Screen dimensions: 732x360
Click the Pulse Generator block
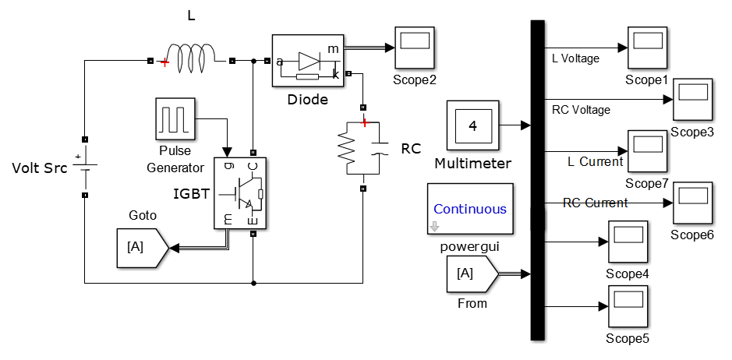tap(175, 118)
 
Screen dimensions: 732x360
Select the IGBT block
tap(240, 192)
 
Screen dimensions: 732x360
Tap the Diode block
tap(308, 60)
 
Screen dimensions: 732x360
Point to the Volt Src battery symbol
tap(84, 168)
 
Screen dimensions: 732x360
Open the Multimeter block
tap(472, 126)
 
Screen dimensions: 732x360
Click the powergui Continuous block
tap(469, 208)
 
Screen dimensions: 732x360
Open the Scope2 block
tap(415, 48)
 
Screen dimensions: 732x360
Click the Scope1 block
tap(646, 48)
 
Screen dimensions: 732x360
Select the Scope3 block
tap(692, 99)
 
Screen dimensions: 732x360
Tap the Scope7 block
tap(646, 151)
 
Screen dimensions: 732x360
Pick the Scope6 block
tap(692, 203)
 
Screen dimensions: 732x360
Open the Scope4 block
tap(628, 242)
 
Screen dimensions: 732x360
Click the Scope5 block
tap(628, 306)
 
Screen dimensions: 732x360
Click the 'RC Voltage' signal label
tap(581, 110)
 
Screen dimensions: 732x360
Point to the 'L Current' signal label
tap(596, 161)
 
